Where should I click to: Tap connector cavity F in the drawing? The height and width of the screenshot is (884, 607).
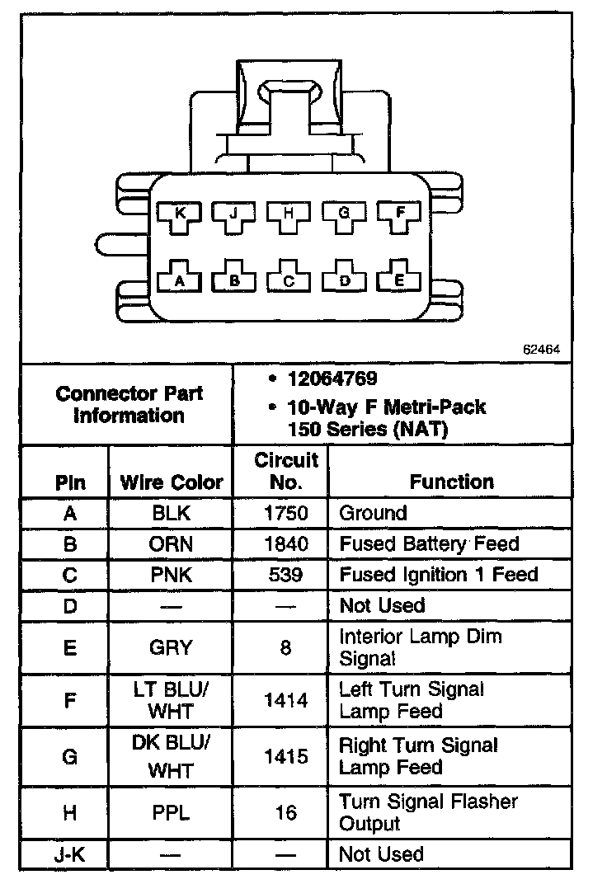point(401,214)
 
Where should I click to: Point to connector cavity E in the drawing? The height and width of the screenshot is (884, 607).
point(400,280)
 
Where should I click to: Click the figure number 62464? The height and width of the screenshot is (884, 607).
point(541,349)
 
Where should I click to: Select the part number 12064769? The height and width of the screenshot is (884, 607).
point(332,379)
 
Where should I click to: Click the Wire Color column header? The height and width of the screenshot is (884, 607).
point(172,482)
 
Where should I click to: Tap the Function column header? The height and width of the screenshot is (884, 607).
point(452,482)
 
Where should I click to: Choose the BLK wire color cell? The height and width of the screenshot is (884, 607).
point(172,513)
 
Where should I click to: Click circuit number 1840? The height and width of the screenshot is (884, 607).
point(285,543)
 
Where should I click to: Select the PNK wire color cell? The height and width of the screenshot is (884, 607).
point(172,574)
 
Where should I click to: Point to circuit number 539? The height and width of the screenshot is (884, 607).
point(285,574)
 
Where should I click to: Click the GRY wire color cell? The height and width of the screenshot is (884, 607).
point(172,647)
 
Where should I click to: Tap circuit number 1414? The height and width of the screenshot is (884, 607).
point(285,700)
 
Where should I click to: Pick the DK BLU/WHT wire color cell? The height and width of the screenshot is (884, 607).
point(172,756)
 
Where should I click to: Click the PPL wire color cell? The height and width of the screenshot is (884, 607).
point(172,812)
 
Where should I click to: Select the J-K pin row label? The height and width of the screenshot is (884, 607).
point(69,854)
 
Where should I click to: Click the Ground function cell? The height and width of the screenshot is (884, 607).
point(374,513)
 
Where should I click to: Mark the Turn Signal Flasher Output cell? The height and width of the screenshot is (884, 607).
point(429,812)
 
